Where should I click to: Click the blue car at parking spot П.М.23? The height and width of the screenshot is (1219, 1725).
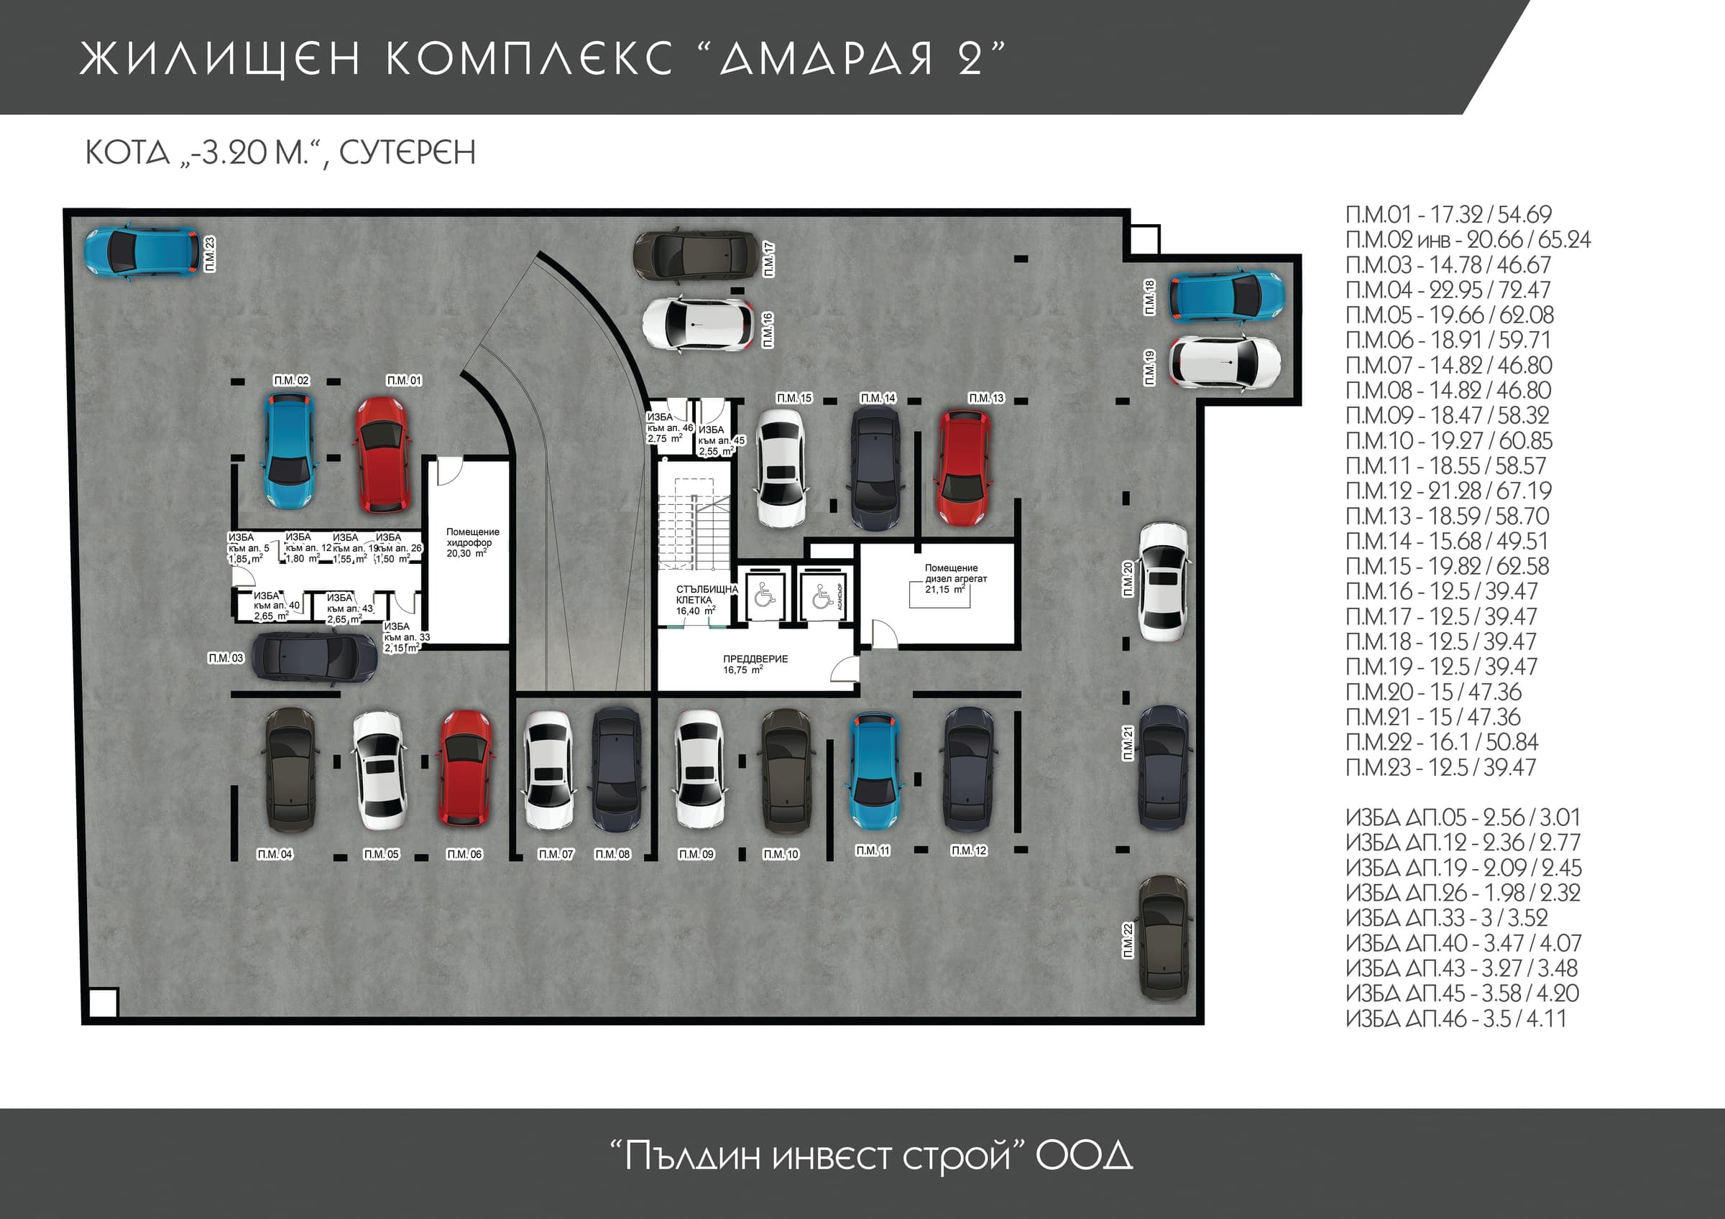click(142, 251)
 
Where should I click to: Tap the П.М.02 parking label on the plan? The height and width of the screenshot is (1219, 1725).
click(292, 381)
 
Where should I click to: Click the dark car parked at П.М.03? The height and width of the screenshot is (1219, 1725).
click(314, 657)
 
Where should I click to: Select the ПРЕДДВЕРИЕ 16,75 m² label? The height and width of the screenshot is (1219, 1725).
click(755, 664)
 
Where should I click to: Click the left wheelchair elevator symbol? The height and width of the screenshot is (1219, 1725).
click(764, 595)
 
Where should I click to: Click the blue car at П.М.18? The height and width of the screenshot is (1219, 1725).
click(1227, 296)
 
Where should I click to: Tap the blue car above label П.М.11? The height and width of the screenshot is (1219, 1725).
click(875, 772)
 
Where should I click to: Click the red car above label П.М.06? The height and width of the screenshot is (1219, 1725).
click(466, 771)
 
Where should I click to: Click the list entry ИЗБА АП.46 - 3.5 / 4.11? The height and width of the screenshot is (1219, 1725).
click(1456, 1019)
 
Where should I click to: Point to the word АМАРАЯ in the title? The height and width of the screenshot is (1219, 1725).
click(826, 58)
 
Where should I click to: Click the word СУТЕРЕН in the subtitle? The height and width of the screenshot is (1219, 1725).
click(408, 152)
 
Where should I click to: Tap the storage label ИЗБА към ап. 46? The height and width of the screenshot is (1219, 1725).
click(669, 427)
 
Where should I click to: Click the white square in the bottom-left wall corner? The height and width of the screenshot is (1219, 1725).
click(103, 1003)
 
